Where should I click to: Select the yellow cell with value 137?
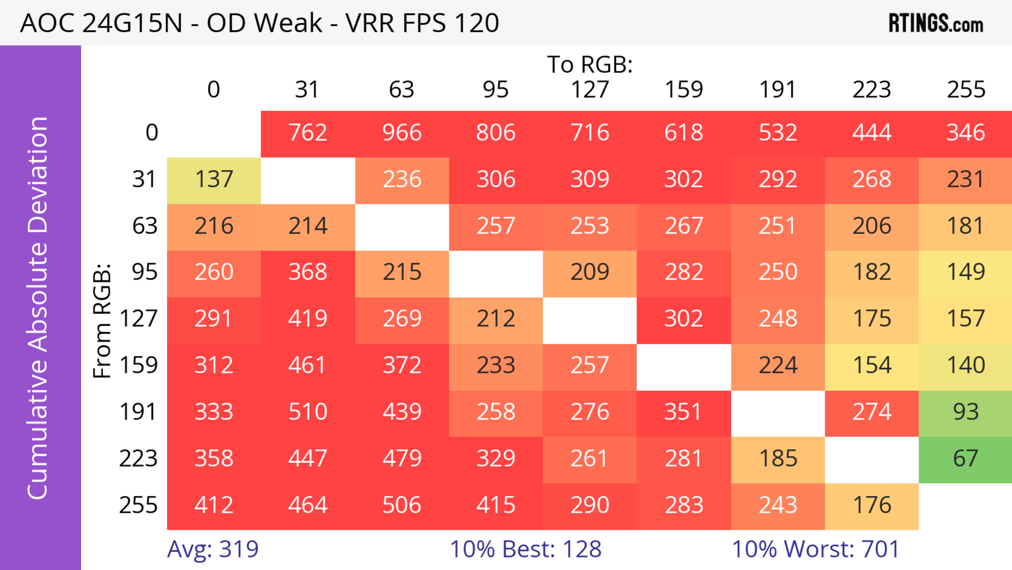click(x=214, y=179)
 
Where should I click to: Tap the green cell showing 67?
click(x=966, y=458)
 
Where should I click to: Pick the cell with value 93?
click(x=966, y=412)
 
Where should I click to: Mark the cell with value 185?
click(x=778, y=458)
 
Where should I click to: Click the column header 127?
click(x=590, y=90)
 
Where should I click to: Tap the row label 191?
click(x=138, y=412)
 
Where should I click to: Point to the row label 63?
click(x=145, y=226)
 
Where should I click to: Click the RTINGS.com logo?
click(x=936, y=23)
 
